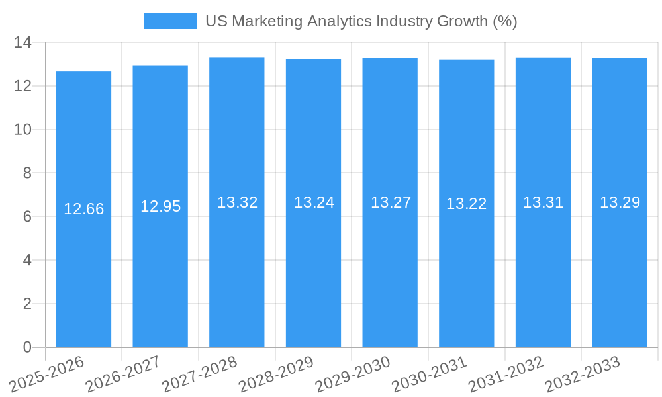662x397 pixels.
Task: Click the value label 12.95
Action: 160,206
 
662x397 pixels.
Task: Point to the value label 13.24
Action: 314,202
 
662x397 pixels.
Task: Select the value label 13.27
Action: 391,202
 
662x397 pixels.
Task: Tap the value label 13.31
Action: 543,202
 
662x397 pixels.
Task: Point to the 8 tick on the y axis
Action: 27,173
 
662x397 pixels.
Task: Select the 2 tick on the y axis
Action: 27,304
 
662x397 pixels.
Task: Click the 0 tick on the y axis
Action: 27,347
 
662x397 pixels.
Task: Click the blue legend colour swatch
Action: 171,21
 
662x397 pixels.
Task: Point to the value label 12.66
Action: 83,209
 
